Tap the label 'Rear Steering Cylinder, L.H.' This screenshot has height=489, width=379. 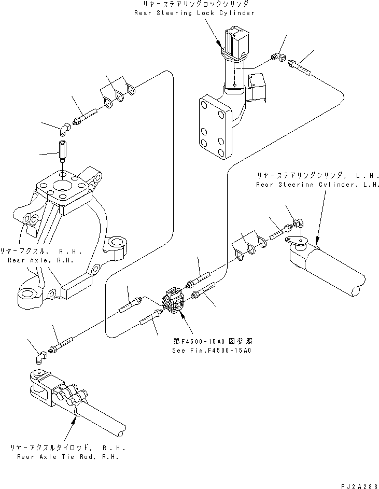[318, 184]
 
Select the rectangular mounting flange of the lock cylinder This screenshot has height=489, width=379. [213, 126]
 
